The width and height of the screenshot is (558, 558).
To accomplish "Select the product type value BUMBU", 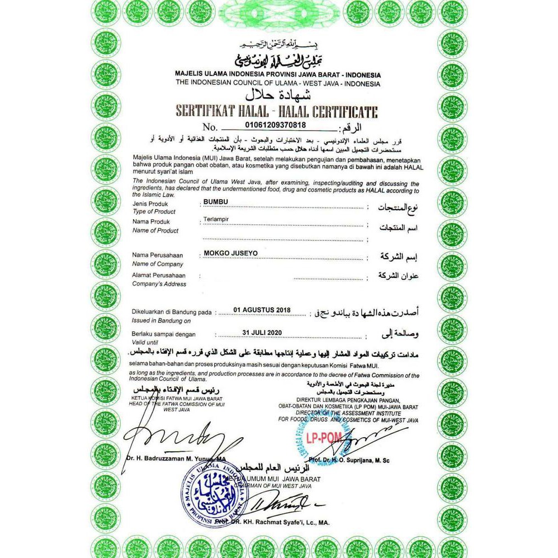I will point(213,202).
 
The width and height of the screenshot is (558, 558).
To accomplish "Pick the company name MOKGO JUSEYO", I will point(230,253).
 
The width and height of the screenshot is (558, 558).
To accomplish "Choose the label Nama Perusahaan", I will point(157,256).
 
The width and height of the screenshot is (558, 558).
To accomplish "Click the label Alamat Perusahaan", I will point(159,275).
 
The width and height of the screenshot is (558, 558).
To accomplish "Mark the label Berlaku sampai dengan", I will point(163,334).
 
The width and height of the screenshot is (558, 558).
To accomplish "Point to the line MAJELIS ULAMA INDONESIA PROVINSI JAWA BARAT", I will point(278,75).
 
